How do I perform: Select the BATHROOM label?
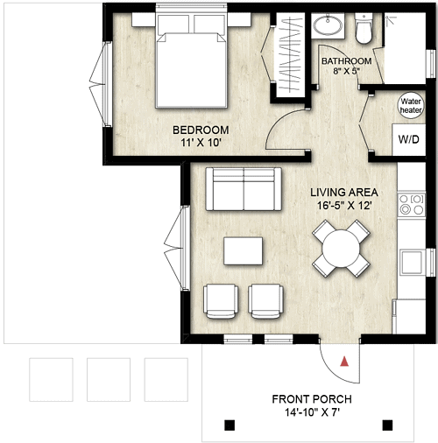[x=347, y=61]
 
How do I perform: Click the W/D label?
[x=408, y=139]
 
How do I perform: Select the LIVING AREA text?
[x=344, y=192]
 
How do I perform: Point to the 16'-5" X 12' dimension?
[x=344, y=207]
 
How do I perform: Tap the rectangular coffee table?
[x=244, y=251]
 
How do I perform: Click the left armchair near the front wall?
[x=221, y=300]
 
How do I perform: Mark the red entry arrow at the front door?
[x=346, y=360]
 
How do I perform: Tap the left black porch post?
[x=230, y=425]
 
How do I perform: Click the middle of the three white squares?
[x=109, y=379]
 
